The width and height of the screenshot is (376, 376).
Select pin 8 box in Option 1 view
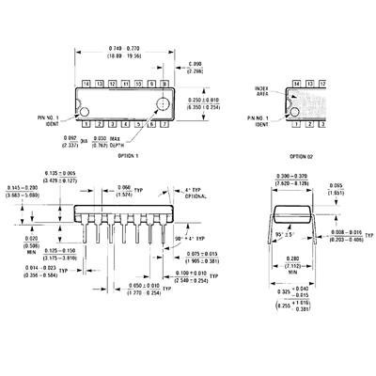pyautogui.click(x=166, y=84)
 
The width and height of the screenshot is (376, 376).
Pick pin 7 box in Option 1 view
pyautogui.click(x=166, y=123)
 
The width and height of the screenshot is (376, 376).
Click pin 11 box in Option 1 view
pyautogui.click(x=125, y=84)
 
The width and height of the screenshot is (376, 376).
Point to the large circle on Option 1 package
pyautogui.click(x=164, y=103)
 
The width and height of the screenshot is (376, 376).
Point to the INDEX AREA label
pyautogui.click(x=263, y=92)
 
